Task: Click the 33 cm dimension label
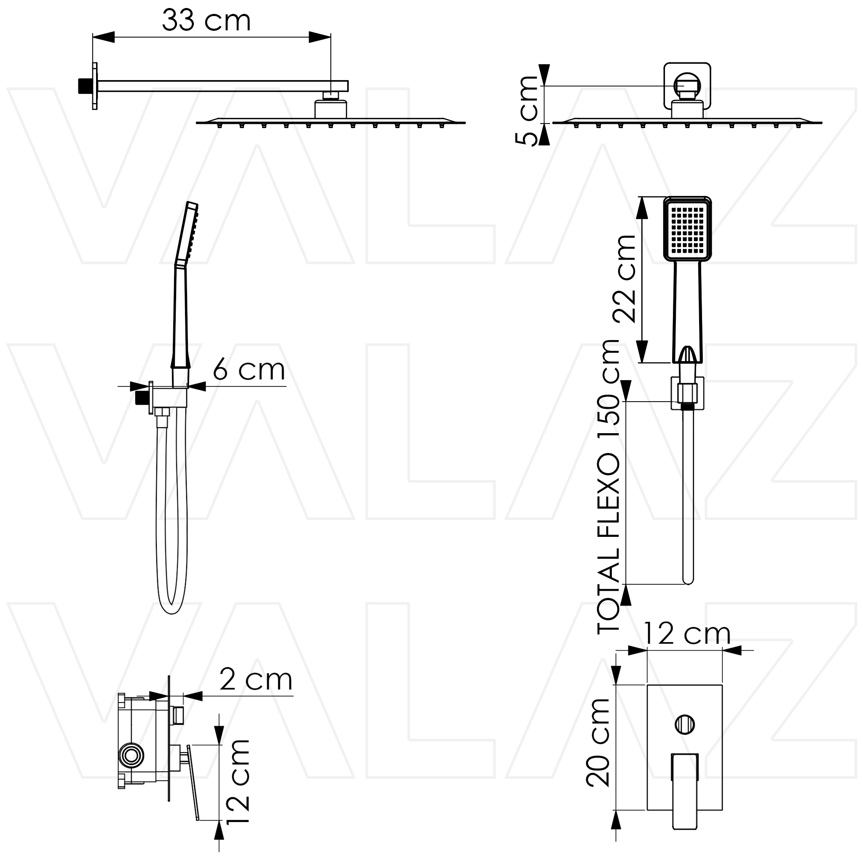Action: coord(206,21)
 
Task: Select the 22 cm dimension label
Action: coord(624,279)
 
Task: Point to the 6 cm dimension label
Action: coord(249,370)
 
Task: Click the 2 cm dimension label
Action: coord(256,680)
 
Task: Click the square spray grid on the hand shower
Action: coord(687,230)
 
